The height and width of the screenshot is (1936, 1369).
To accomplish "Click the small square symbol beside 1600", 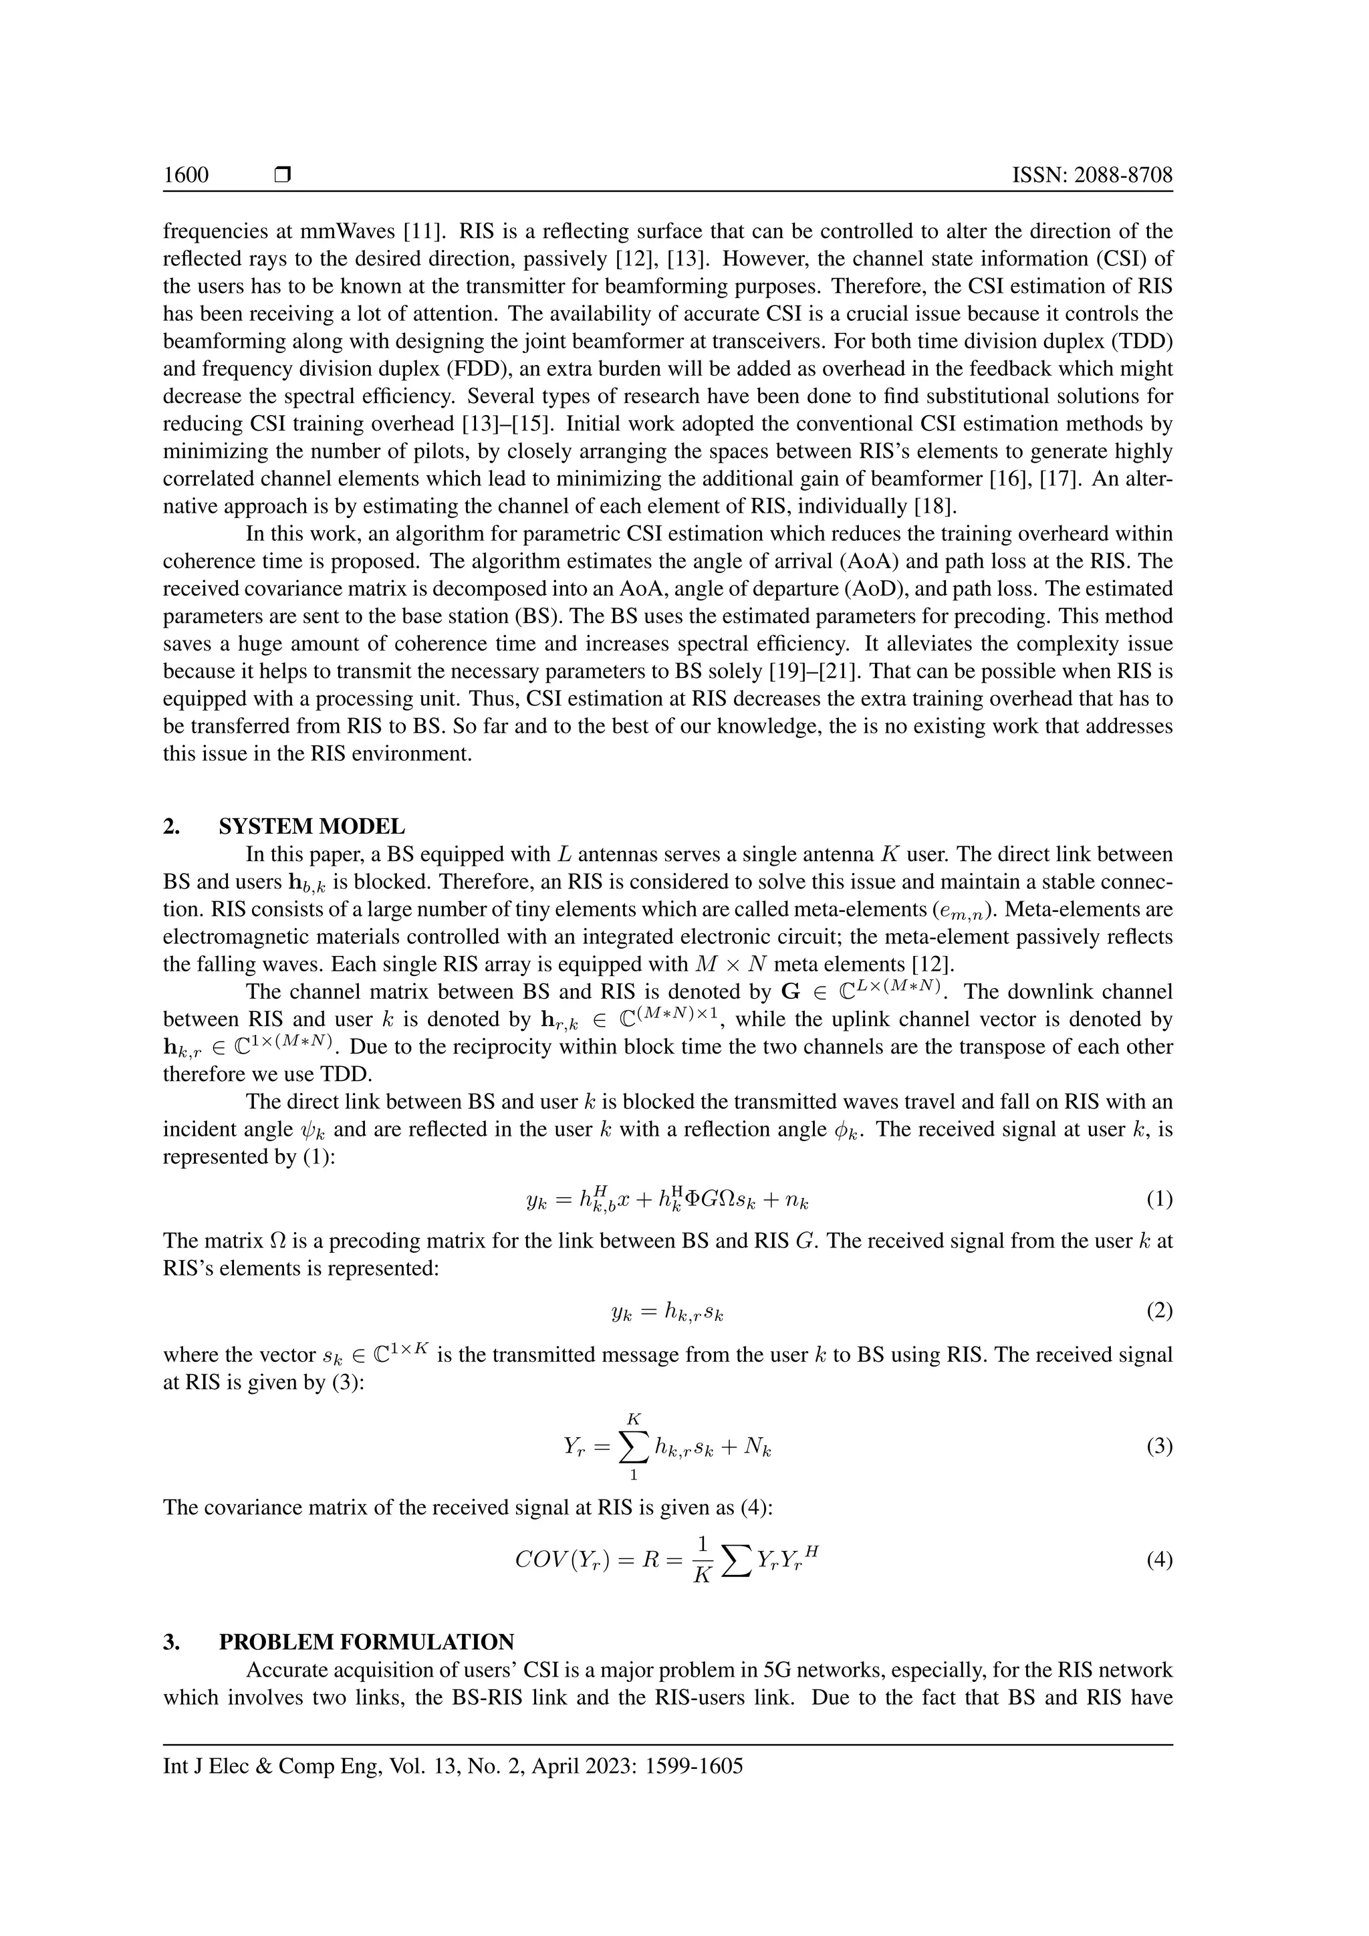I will (282, 175).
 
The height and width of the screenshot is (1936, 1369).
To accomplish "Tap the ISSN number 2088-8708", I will (1124, 175).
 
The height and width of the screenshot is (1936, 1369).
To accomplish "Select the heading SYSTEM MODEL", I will (312, 826).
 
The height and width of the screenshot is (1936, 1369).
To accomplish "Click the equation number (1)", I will (1159, 1199).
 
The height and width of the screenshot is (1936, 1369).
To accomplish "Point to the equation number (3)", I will (1159, 1447).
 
